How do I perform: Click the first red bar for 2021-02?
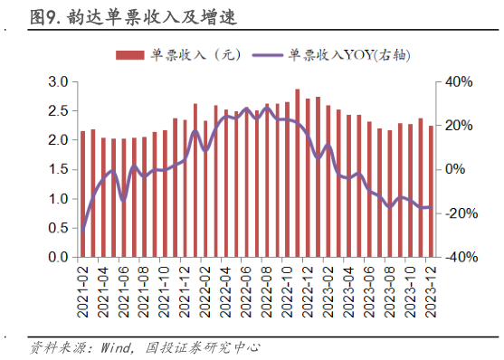83,194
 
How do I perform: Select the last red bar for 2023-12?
431,191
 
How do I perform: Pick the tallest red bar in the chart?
298,173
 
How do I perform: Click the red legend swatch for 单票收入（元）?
132,55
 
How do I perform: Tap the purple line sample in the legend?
266,55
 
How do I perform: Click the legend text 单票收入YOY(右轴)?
349,55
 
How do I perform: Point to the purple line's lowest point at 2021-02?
83,231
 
